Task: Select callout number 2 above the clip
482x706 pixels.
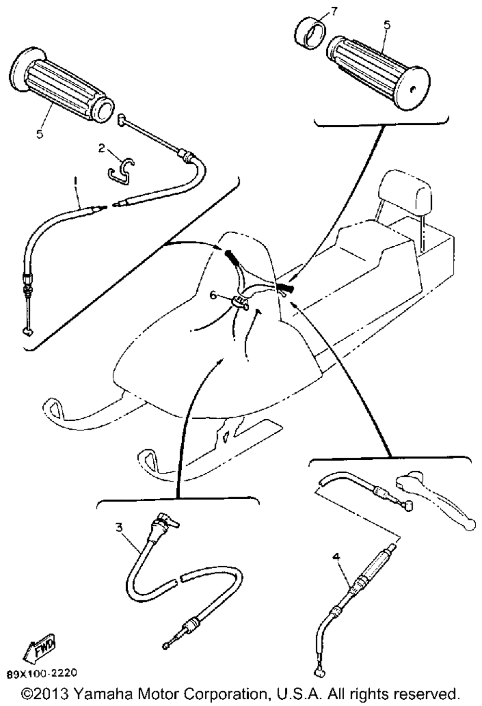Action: coord(102,148)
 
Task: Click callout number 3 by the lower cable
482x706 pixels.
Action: coord(119,526)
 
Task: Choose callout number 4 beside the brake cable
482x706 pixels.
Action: coord(336,557)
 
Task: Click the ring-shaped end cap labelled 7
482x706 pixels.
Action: coord(309,32)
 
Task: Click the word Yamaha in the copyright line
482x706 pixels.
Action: coord(102,694)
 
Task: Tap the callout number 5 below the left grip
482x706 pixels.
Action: coord(40,133)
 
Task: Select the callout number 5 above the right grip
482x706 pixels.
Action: coord(387,25)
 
